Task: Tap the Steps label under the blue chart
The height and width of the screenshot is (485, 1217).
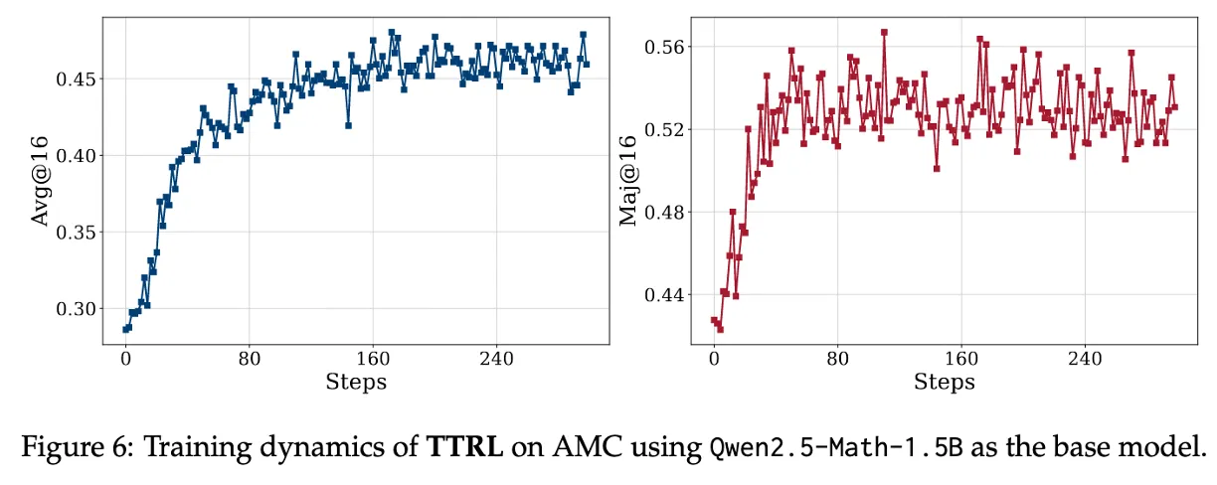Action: [x=356, y=382]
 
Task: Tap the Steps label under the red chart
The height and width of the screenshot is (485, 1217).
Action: [x=944, y=382]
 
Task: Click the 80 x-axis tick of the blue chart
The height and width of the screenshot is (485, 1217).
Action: [x=249, y=359]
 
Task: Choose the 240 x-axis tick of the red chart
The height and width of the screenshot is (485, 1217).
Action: [x=1084, y=359]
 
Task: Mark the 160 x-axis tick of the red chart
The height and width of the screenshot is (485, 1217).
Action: [x=960, y=359]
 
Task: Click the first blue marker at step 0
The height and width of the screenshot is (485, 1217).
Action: [x=125, y=329]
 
